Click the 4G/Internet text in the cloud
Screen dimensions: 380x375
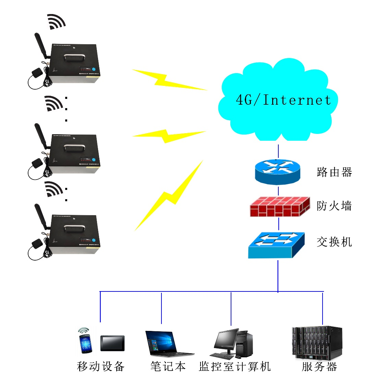pyautogui.click(x=283, y=100)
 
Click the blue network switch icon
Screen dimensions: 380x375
pyautogui.click(x=276, y=245)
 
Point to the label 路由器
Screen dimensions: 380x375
pyautogui.click(x=334, y=172)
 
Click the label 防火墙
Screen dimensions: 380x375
pyautogui.click(x=334, y=206)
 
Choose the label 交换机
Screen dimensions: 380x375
pyautogui.click(x=334, y=242)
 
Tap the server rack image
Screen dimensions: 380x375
pyautogui.click(x=317, y=343)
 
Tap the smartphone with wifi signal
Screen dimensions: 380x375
pyautogui.click(x=85, y=342)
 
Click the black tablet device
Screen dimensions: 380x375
pyautogui.click(x=112, y=343)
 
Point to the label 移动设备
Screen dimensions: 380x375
pyautogui.click(x=101, y=366)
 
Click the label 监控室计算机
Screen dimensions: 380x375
pyautogui.click(x=235, y=366)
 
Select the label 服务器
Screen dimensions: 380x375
pyautogui.click(x=319, y=366)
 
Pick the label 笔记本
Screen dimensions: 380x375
pyautogui.click(x=168, y=366)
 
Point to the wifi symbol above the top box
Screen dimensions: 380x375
pyautogui.click(x=56, y=22)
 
